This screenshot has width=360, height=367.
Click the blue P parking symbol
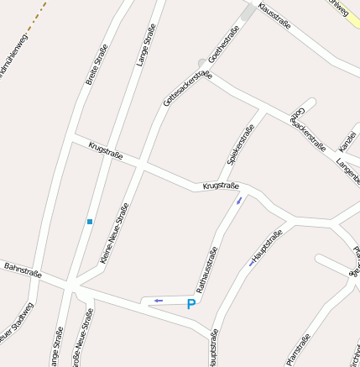coord(191,305)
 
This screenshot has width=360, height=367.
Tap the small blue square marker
coord(90,222)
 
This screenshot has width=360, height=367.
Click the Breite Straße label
coord(97,65)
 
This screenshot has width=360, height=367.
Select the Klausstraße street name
coord(274,16)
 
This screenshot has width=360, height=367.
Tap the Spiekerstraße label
coord(240,144)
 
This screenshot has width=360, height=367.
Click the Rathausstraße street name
coord(206,268)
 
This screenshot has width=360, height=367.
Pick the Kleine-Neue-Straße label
coord(114,233)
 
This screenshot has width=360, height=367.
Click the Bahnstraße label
coord(23,269)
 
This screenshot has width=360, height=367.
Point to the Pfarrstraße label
coord(298,349)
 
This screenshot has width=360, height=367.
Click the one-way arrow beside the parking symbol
coord(158,300)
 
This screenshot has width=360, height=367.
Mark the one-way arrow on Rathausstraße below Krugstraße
coord(239,200)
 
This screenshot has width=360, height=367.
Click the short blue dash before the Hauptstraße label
coord(251,263)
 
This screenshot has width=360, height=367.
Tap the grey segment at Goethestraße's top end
coord(248,12)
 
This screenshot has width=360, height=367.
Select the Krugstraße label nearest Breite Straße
coord(106,150)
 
